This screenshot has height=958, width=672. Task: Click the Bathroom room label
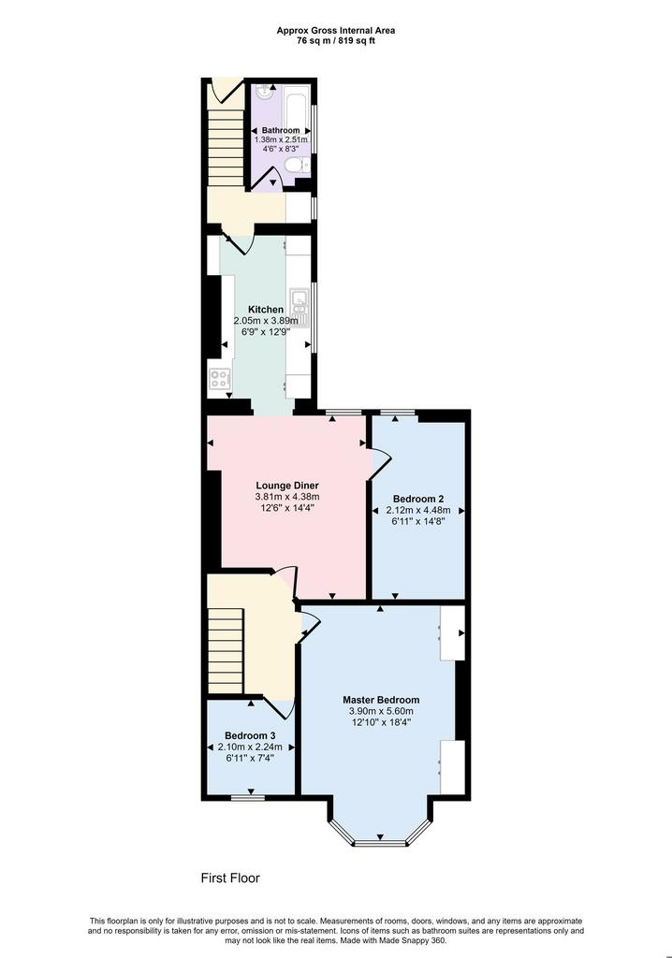point(281,130)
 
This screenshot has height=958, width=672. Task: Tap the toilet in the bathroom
point(298,165)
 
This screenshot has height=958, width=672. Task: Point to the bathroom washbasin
point(265,92)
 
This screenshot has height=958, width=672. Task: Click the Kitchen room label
point(266,310)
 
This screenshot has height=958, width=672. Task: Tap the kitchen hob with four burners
point(220,379)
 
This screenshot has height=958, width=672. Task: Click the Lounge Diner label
point(287,486)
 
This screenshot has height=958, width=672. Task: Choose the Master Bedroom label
point(381,700)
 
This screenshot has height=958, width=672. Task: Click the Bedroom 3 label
point(250,735)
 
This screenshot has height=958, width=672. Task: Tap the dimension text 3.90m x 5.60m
point(381,711)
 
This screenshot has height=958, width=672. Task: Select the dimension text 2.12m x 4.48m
point(418,510)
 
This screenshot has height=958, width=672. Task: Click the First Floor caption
point(230,878)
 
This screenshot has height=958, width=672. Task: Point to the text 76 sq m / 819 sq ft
point(336,41)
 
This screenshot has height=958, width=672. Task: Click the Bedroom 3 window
point(248,797)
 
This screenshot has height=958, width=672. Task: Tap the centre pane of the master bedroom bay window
point(380,843)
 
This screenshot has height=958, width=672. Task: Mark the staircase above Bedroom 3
point(225,651)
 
